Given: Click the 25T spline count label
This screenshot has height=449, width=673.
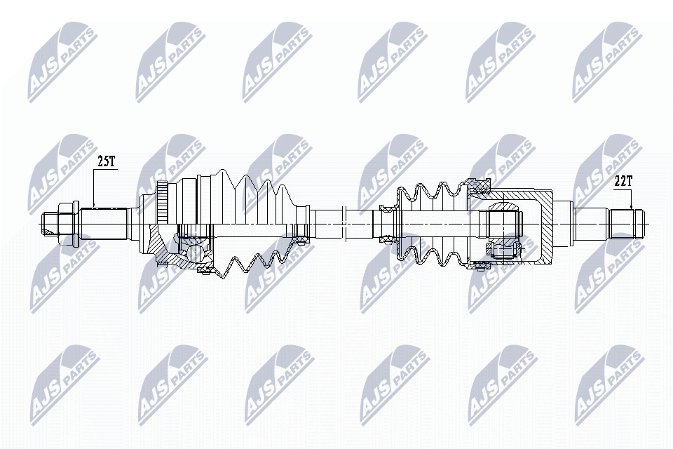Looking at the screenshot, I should (x=106, y=161).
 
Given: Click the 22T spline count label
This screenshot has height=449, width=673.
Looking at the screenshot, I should (x=623, y=181).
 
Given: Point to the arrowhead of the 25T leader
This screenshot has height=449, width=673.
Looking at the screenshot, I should (x=95, y=208).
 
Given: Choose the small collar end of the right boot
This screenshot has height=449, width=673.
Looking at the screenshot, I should (x=387, y=222).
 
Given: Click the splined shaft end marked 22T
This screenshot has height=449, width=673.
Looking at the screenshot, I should (x=625, y=222).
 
